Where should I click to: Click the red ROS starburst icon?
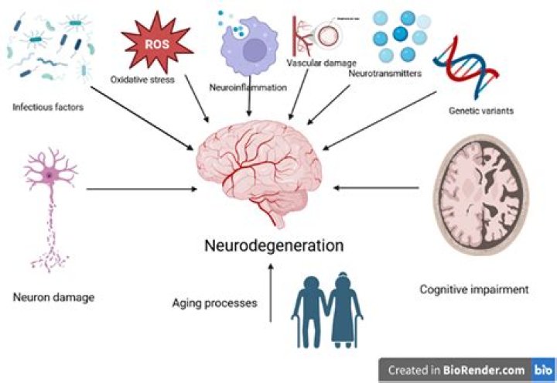(157, 43)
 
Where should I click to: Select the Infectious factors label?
(47, 108)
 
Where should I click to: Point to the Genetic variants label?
(480, 111)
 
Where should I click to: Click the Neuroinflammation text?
(248, 87)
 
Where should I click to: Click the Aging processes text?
(214, 303)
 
